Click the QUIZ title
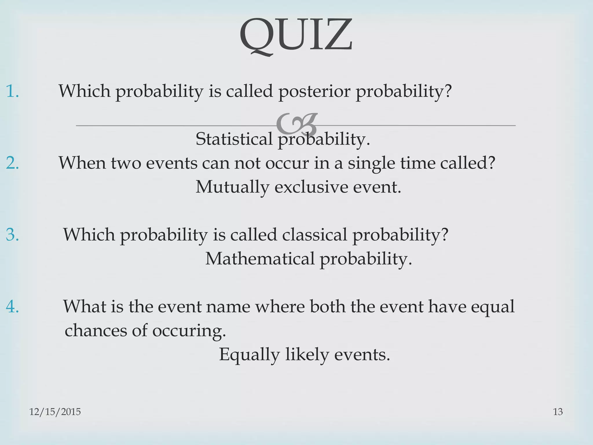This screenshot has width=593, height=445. [x=296, y=36]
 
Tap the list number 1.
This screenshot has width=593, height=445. [x=12, y=91]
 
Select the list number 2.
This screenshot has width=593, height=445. [x=12, y=163]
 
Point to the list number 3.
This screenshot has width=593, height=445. [x=12, y=235]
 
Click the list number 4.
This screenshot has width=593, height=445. [x=12, y=307]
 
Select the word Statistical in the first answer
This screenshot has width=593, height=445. [x=234, y=139]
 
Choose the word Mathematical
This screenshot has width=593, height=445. [x=260, y=259]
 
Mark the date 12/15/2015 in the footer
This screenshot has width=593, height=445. [x=55, y=412]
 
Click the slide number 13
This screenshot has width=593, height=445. [x=558, y=412]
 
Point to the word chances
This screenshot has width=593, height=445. [x=96, y=330]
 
